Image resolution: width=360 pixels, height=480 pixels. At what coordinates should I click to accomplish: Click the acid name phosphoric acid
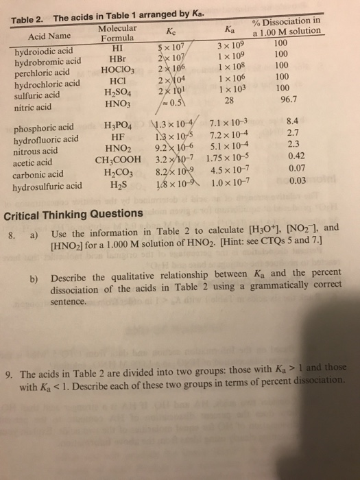(x=47, y=128)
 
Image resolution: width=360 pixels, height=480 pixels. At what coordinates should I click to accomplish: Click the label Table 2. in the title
(x=27, y=20)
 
